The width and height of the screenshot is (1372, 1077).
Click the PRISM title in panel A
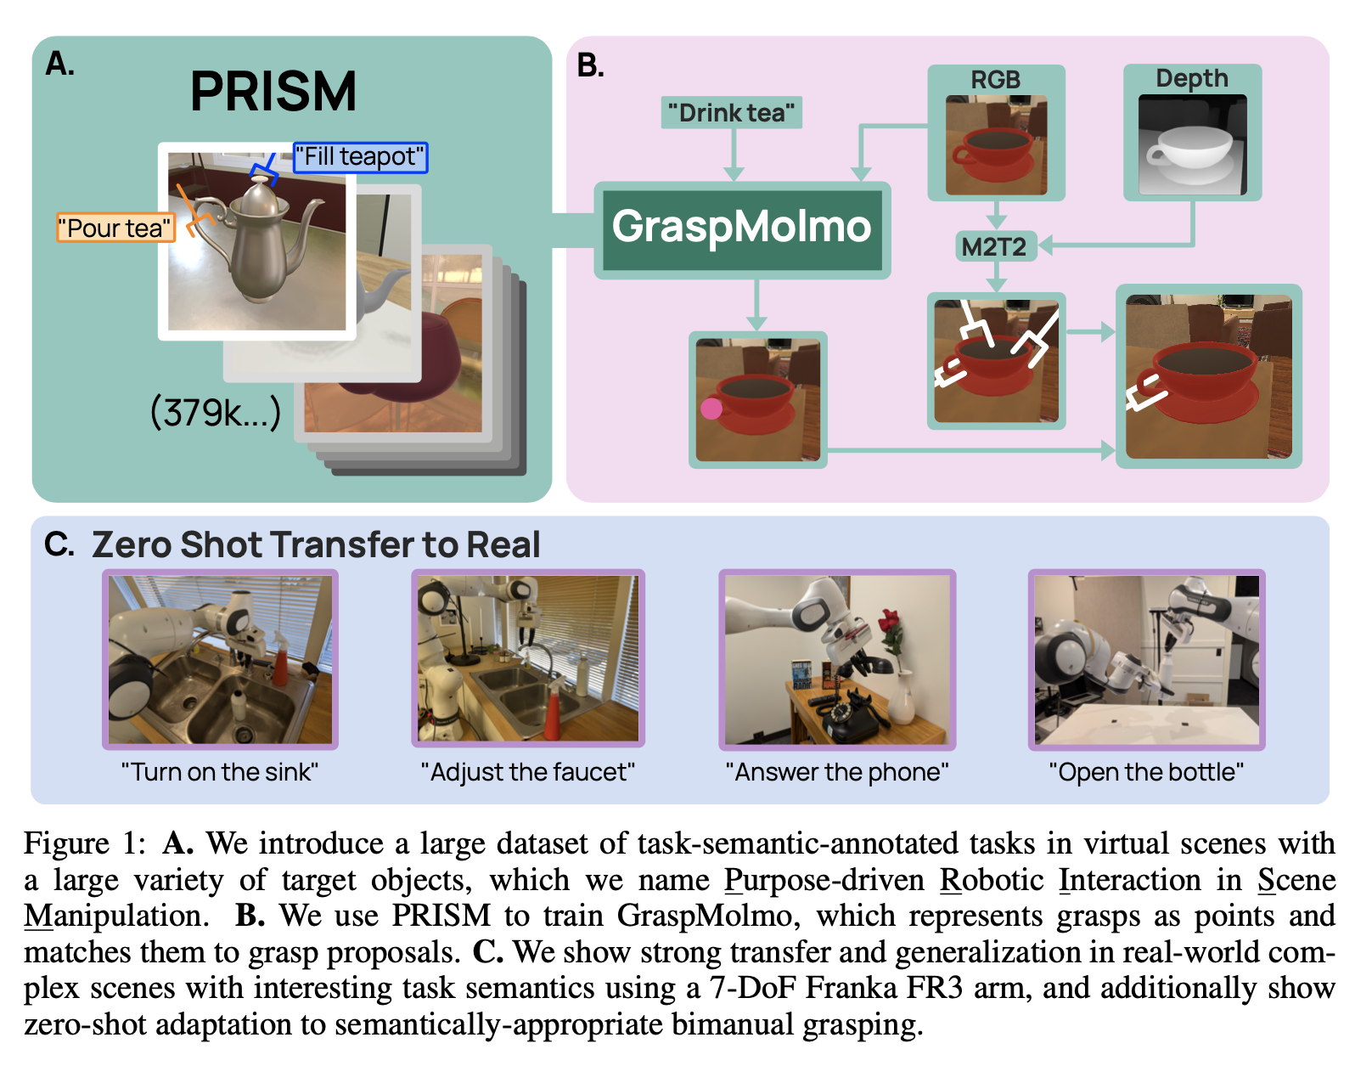[x=273, y=92]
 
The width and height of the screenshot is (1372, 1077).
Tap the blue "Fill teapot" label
[x=360, y=157]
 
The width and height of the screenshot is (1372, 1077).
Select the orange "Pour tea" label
[x=115, y=228]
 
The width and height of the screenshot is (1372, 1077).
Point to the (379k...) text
[x=215, y=413]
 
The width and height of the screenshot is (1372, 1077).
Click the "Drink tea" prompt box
[x=731, y=113]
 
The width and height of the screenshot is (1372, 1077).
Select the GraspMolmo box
[x=742, y=228]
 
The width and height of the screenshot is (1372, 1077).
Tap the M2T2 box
[x=995, y=247]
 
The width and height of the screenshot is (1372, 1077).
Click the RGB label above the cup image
[x=995, y=80]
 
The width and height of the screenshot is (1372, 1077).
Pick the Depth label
[x=1191, y=79]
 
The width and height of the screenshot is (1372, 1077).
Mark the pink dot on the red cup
[x=711, y=409]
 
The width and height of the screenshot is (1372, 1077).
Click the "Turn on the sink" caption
[x=220, y=772]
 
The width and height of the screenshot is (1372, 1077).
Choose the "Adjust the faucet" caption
[x=528, y=772]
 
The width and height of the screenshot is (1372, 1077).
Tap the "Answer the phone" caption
[x=837, y=772]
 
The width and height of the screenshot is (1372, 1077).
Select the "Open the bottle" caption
[x=1146, y=772]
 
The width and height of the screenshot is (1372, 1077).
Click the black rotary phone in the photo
[x=849, y=719]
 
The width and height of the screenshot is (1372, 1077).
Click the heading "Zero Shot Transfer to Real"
[x=316, y=545]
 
